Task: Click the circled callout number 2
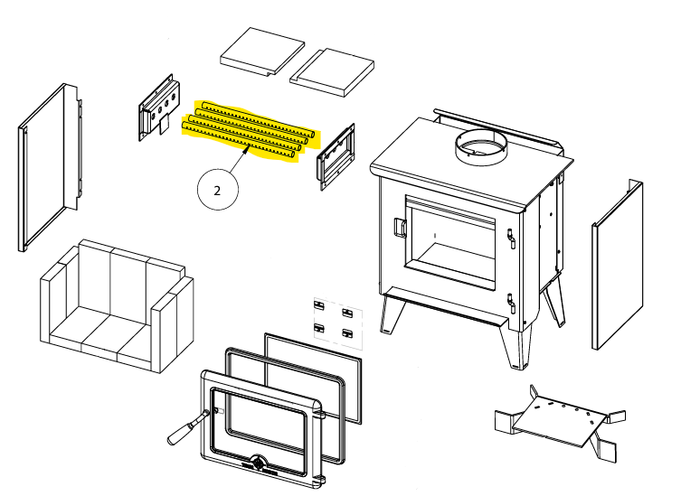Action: click(217, 191)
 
